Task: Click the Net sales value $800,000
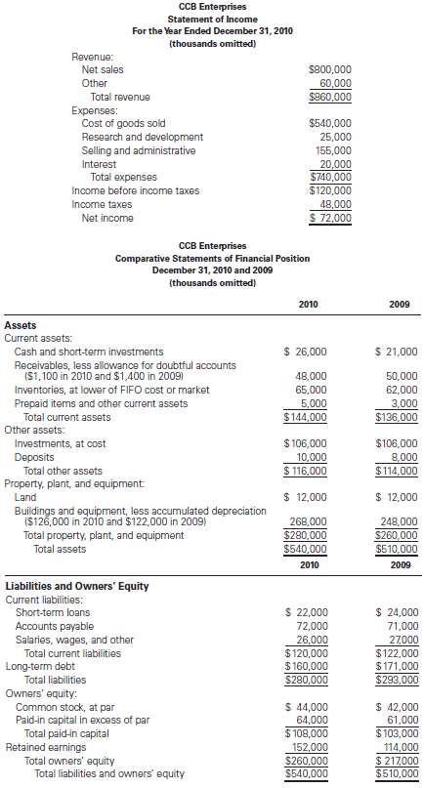tap(329, 70)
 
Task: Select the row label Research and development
tap(143, 137)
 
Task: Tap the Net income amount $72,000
tap(329, 218)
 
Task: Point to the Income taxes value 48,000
tap(335, 204)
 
